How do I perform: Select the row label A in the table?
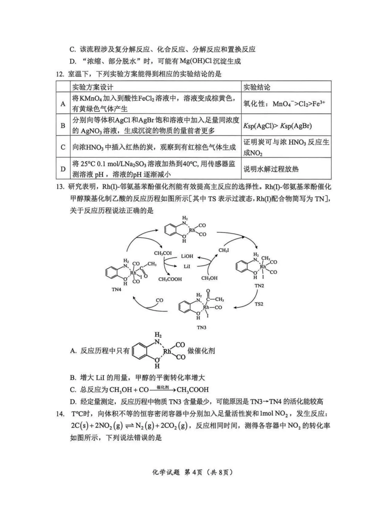pyautogui.click(x=63, y=104)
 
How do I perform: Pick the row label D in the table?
pyautogui.click(x=63, y=169)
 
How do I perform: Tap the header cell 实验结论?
pyautogui.click(x=257, y=87)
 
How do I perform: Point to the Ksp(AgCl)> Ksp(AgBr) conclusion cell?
pyautogui.click(x=277, y=126)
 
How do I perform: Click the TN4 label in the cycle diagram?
pyautogui.click(x=116, y=289)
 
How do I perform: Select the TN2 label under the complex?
pyautogui.click(x=259, y=286)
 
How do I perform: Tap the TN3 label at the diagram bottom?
pyautogui.click(x=201, y=327)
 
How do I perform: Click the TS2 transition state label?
pyautogui.click(x=259, y=304)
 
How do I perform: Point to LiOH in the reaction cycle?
pyautogui.click(x=187, y=256)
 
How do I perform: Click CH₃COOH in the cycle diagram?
pyautogui.click(x=170, y=279)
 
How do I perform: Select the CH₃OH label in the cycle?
pyautogui.click(x=209, y=278)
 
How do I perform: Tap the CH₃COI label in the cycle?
pyautogui.click(x=163, y=253)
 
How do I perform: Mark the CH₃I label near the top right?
pyautogui.click(x=224, y=250)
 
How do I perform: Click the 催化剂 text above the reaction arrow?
pyautogui.click(x=162, y=387)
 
